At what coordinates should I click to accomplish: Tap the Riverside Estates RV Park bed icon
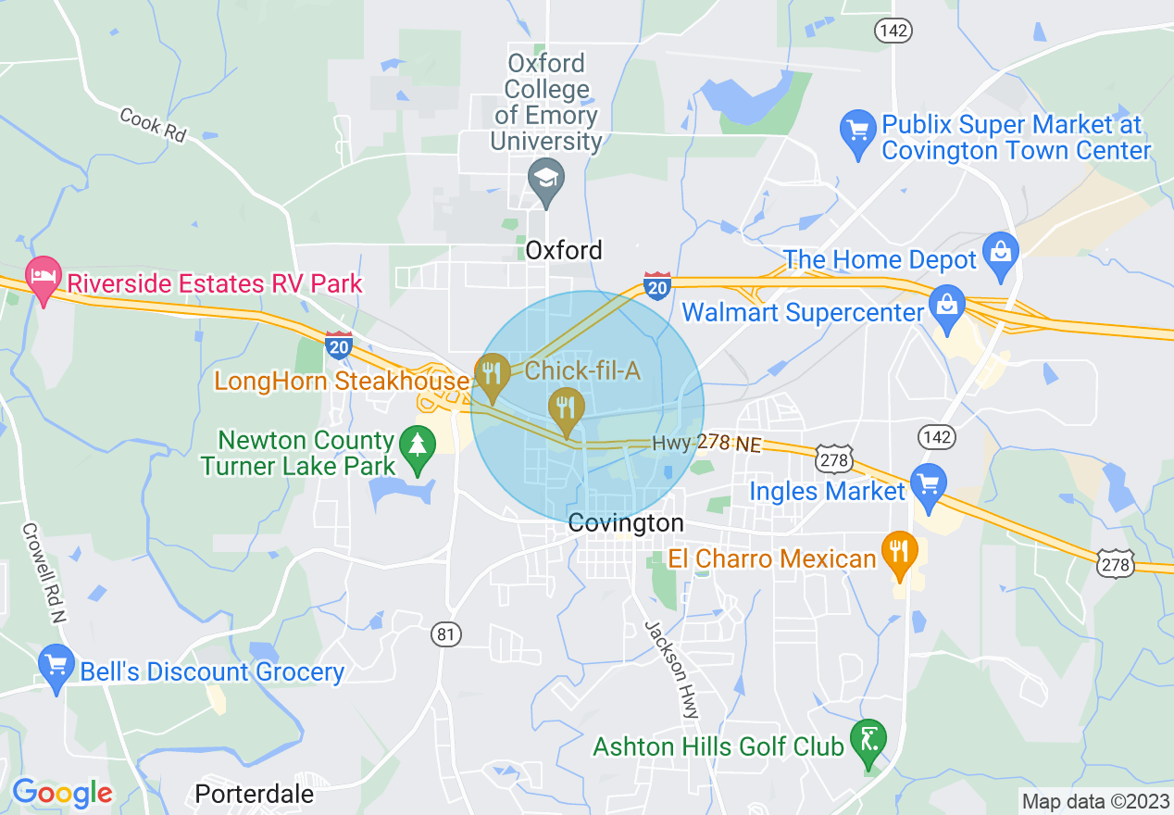43,278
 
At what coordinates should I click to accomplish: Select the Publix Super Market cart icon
857,131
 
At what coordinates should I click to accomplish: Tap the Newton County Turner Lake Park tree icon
417,447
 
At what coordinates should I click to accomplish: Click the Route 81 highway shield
445,634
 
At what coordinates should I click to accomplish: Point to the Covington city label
626,523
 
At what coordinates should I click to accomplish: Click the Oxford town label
564,250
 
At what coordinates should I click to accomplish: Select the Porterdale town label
255,794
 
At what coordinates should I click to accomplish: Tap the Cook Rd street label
153,125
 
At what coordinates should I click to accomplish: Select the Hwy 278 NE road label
706,444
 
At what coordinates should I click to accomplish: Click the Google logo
62,793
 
